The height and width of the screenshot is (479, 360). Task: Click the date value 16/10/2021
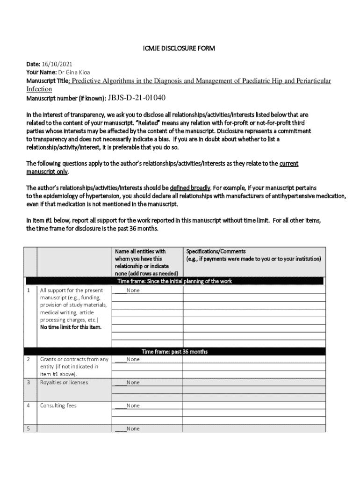[57, 64]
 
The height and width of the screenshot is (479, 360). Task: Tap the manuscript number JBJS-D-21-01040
[137, 98]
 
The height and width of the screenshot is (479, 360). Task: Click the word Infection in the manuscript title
[39, 89]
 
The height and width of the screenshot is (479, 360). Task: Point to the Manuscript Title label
[47, 81]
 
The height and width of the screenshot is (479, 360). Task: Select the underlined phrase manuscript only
[47, 172]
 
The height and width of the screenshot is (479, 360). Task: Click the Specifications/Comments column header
[216, 252]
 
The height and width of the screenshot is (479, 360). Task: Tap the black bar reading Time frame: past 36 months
[174, 352]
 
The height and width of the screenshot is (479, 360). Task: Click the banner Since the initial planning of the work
[174, 281]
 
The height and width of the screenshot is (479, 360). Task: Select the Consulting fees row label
[58, 406]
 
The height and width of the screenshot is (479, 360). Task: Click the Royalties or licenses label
[64, 382]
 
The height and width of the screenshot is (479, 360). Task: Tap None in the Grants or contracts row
[133, 359]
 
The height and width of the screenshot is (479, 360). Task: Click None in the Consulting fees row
[133, 406]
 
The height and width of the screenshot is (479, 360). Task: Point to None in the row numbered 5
[133, 428]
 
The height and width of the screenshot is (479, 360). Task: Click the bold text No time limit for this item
[71, 327]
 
